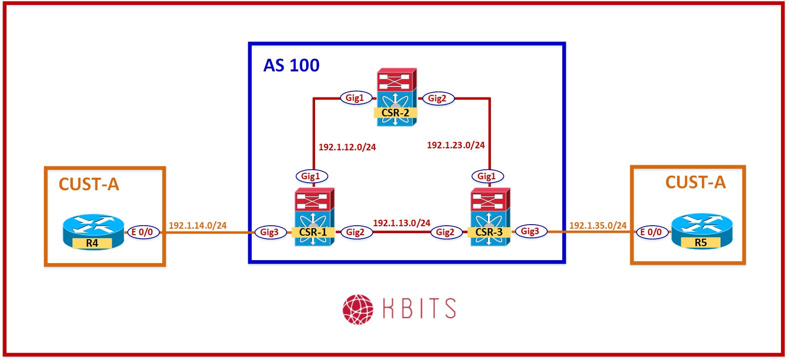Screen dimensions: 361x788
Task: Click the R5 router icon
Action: click(700, 231)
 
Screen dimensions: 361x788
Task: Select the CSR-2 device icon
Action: click(395, 98)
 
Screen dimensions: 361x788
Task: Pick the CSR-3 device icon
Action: click(489, 218)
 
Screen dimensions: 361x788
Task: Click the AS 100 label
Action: click(291, 65)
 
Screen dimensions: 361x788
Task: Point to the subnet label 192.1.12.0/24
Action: click(347, 147)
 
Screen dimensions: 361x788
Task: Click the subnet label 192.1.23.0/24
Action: click(455, 145)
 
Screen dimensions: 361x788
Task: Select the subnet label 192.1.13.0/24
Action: click(401, 223)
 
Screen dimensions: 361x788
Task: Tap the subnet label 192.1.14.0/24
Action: click(198, 226)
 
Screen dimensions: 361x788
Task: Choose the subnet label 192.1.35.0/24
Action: click(598, 226)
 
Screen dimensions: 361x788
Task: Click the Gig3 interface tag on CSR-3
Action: click(530, 231)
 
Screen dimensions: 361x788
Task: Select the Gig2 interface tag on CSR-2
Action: click(437, 98)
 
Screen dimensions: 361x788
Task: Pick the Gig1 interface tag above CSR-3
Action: click(486, 176)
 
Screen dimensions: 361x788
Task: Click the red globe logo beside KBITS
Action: click(358, 308)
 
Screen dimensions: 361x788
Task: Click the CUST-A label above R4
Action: click(89, 184)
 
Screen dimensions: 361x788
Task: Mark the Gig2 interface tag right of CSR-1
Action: click(355, 232)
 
